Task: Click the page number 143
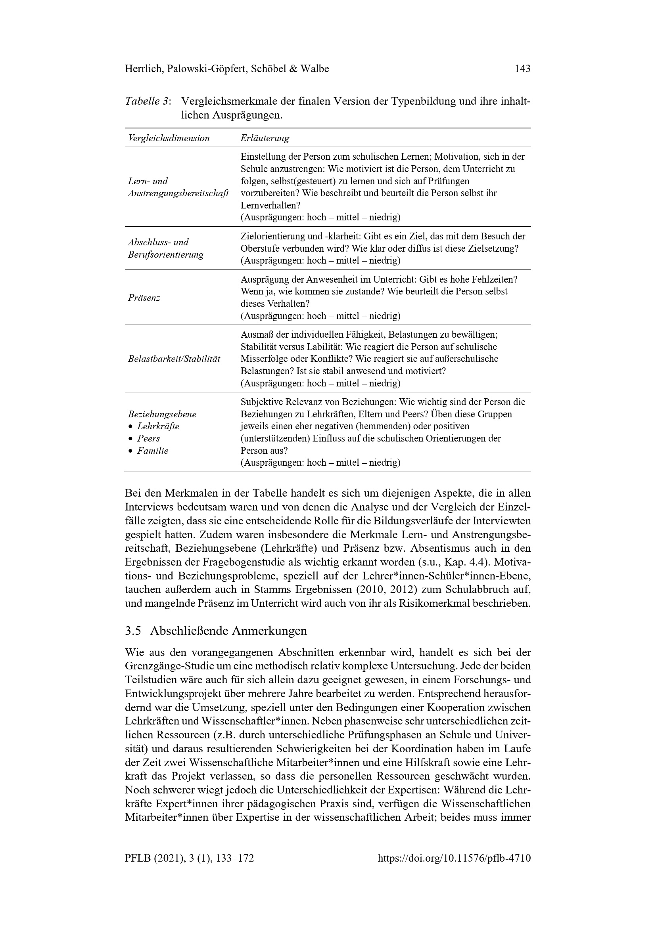point(522,69)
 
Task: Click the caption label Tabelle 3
point(148,101)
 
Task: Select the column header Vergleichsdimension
point(169,138)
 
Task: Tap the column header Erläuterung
point(265,138)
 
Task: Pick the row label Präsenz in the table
point(144,298)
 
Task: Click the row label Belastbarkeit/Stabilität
point(174,359)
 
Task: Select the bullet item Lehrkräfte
point(158,426)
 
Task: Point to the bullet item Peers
point(148,438)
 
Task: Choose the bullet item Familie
point(152,451)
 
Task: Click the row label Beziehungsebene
point(162,414)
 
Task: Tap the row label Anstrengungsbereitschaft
point(178,193)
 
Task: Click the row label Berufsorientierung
point(166,255)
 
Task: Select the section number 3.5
point(133,631)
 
